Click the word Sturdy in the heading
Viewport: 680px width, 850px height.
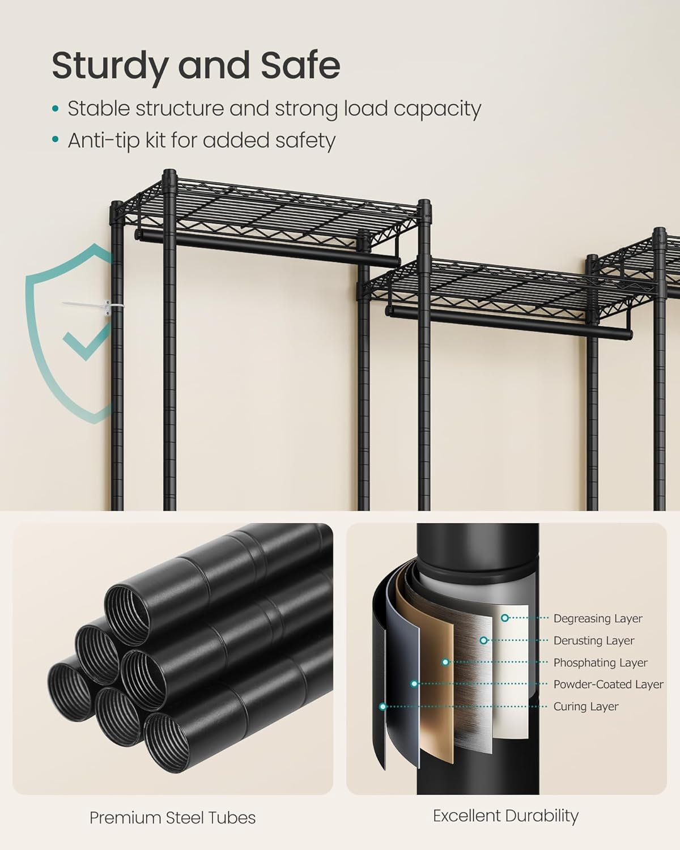coord(108,66)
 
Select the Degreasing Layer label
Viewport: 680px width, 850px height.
coord(598,619)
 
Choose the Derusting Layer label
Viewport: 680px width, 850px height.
coord(593,641)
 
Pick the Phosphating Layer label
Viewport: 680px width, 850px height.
coord(600,663)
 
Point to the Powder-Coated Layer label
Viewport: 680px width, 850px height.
coord(608,685)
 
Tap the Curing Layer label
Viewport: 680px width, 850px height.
coord(586,707)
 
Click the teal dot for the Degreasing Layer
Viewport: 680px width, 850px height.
coord(504,618)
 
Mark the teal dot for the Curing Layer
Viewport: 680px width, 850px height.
coord(383,707)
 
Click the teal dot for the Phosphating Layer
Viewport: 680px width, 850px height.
coord(445,662)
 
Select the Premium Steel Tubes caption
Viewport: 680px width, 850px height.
coord(172,818)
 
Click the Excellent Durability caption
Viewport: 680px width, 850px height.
coord(505,816)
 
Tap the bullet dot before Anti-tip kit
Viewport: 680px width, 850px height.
coord(55,140)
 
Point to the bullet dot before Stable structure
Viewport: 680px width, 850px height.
coord(55,108)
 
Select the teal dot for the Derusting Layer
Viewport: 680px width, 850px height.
coord(483,640)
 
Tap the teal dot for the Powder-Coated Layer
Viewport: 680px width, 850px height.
coord(414,684)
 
